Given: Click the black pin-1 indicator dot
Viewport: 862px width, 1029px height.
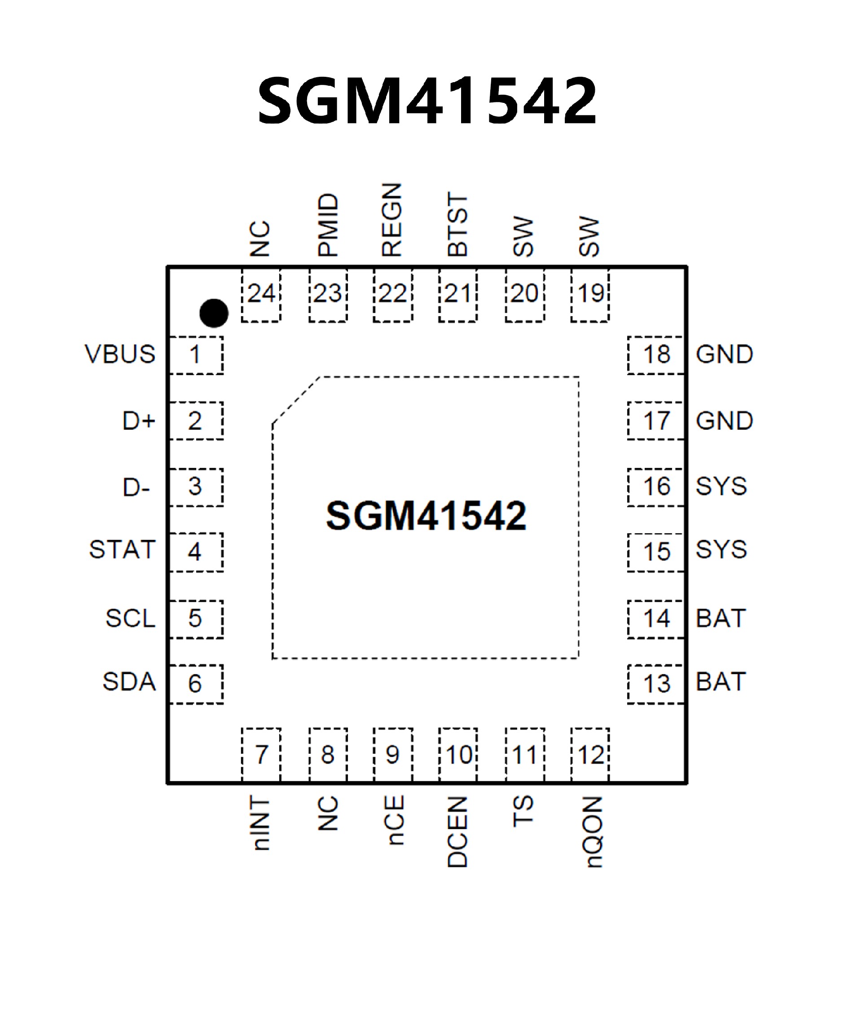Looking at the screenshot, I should (214, 313).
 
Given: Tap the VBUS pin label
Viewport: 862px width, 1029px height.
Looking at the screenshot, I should (120, 354).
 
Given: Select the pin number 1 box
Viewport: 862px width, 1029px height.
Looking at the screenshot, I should (196, 355).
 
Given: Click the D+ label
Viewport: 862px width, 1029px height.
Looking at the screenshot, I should (139, 421).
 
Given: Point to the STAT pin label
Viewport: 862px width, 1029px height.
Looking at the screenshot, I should (123, 549).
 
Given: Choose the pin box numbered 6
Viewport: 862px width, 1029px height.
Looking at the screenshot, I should (196, 684).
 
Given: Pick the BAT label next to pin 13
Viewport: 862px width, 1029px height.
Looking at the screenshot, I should (721, 682).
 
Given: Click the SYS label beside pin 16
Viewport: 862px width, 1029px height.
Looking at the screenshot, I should (721, 486).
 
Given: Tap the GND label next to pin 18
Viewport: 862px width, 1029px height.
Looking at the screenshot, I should (724, 354).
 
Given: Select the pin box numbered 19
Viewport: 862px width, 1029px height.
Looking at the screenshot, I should (590, 295).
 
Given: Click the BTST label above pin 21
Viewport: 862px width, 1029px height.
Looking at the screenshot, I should (458, 225).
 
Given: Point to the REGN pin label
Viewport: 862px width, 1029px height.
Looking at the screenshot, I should (392, 220).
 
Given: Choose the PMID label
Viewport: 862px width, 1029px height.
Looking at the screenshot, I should (328, 225).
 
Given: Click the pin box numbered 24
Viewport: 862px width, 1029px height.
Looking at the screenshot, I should (261, 295).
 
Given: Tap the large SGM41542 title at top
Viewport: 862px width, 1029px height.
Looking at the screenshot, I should (427, 101).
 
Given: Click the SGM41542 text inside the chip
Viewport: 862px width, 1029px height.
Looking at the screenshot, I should (426, 516).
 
